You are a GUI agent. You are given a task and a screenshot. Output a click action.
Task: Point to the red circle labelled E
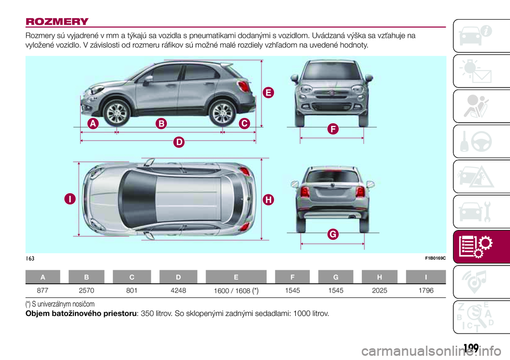click(268, 93)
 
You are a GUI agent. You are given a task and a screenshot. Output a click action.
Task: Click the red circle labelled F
click(318, 128)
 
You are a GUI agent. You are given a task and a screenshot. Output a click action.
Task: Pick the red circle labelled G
click(318, 234)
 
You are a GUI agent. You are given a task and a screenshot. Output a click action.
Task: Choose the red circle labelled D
click(180, 142)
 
